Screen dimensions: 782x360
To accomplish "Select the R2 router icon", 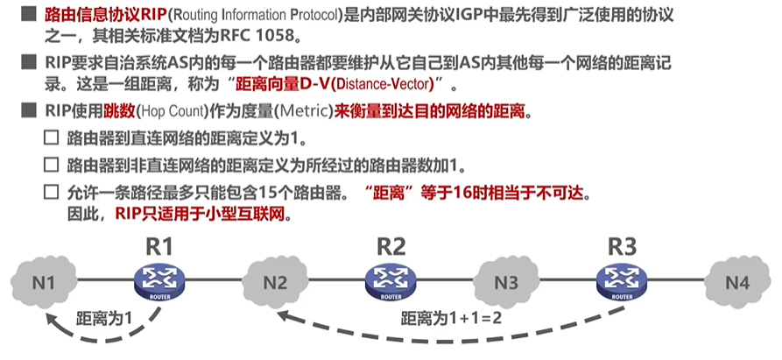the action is coord(390,282).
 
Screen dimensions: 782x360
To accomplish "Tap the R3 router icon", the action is coord(622,282).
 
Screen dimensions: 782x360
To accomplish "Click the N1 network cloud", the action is coord(44,282).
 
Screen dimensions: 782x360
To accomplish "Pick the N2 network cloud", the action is coord(275,282).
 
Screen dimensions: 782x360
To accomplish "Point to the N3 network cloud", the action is coord(506,282).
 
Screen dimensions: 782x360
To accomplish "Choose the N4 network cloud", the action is coord(737,282).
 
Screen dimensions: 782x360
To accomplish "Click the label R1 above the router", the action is coord(159,246).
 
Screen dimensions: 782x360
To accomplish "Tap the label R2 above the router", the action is coord(391,246).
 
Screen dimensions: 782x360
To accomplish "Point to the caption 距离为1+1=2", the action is coord(451,318).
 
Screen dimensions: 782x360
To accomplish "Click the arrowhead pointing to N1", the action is coord(52,321).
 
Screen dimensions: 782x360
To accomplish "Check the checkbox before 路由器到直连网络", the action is coord(52,138).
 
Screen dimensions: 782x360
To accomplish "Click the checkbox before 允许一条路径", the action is coord(52,192).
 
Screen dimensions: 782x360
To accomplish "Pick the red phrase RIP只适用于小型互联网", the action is coord(202,214).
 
